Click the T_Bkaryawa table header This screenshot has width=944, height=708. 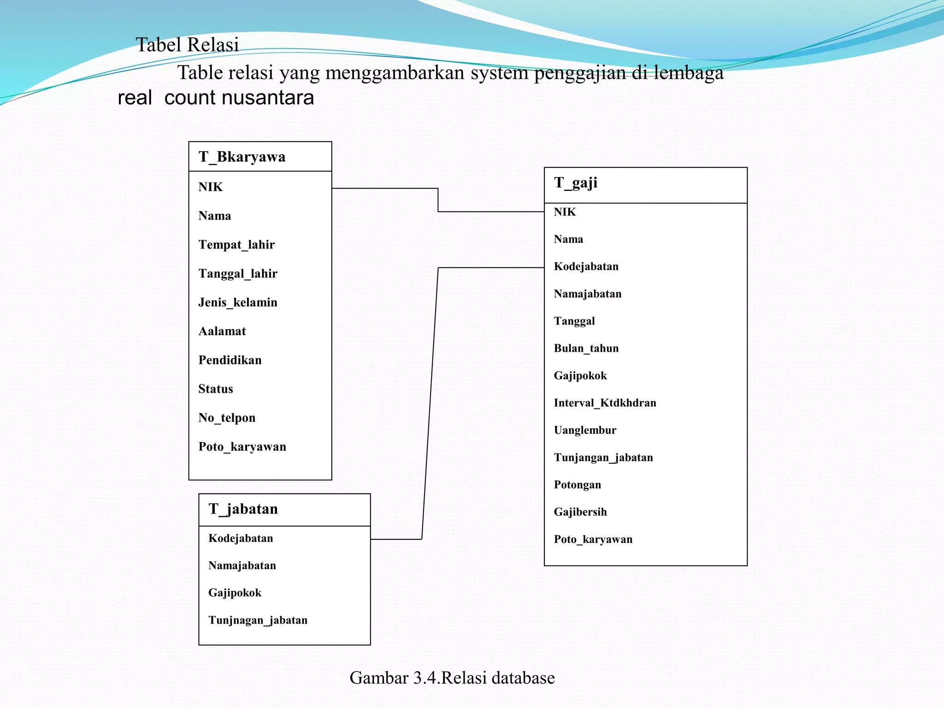point(242,157)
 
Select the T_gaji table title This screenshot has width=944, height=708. point(575,183)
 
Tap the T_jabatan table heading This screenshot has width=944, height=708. point(243,509)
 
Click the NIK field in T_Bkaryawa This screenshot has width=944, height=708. point(210,187)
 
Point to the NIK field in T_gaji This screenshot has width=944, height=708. point(565,212)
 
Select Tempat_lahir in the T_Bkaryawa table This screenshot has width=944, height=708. point(236,244)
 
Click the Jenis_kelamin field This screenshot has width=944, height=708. point(237,302)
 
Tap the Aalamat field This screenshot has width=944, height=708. point(222,331)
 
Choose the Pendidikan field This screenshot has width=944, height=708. point(230,360)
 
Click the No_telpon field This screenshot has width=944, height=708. point(226,418)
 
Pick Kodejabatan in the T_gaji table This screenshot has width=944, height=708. point(586,266)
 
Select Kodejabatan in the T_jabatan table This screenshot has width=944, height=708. point(240,538)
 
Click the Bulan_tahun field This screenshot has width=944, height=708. point(586,348)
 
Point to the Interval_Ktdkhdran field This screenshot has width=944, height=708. point(605,403)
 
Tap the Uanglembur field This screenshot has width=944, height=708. point(584,430)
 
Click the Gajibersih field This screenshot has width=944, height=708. point(580,512)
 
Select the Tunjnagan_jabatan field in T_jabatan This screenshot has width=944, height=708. point(257,620)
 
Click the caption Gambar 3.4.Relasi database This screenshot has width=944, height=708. point(452,678)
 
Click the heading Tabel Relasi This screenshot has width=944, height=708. point(187,45)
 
